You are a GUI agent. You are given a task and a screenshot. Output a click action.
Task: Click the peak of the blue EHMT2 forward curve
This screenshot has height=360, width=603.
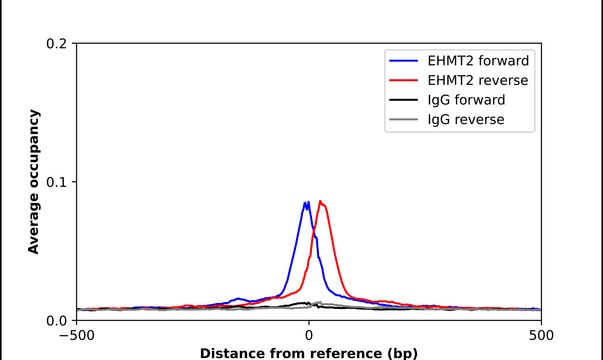(x=306, y=202)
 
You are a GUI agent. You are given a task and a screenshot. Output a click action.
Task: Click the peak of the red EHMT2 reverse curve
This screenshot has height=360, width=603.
(x=320, y=201)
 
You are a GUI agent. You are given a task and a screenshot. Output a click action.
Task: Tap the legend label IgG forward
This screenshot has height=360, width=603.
(x=467, y=100)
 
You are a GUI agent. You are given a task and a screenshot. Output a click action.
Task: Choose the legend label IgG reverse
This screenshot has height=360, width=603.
(x=467, y=120)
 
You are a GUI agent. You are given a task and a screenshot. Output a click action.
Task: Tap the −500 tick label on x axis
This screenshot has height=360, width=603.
(x=76, y=335)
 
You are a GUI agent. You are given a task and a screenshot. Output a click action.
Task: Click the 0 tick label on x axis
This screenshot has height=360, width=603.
(x=308, y=335)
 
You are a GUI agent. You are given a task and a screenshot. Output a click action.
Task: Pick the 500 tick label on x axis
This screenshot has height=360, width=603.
(x=540, y=335)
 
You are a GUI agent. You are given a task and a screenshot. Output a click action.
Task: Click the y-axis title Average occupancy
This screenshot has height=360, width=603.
(x=33, y=182)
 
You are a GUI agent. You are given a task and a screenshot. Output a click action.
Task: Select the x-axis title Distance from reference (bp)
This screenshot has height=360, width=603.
(x=308, y=353)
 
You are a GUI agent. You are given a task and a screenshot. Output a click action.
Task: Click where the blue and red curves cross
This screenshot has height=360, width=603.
(x=313, y=233)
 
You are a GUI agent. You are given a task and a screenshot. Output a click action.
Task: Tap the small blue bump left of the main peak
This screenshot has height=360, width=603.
(x=238, y=298)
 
